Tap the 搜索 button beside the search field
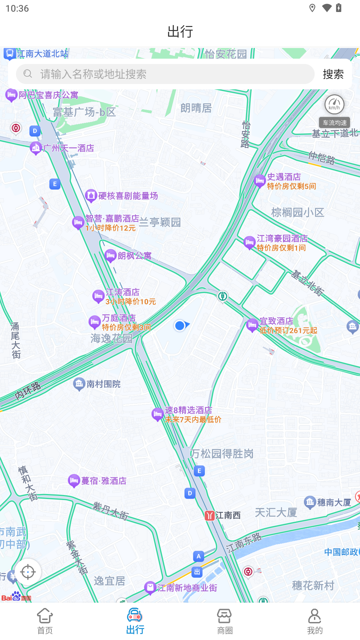click(x=333, y=74)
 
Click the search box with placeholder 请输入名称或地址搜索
click(x=165, y=74)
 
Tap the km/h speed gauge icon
click(x=334, y=105)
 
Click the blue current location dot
click(x=180, y=325)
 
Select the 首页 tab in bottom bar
click(x=45, y=621)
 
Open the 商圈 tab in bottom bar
click(x=225, y=621)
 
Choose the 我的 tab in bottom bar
click(x=315, y=621)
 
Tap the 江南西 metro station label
click(x=228, y=515)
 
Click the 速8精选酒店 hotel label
click(x=188, y=410)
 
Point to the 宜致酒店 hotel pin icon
click(x=252, y=325)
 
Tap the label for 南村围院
click(x=103, y=384)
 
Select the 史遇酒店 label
click(x=284, y=177)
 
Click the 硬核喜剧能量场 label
click(x=128, y=196)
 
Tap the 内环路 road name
click(x=28, y=391)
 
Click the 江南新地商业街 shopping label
click(x=187, y=588)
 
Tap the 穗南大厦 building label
click(x=334, y=502)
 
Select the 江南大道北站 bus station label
click(x=42, y=54)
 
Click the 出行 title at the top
click(x=180, y=32)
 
